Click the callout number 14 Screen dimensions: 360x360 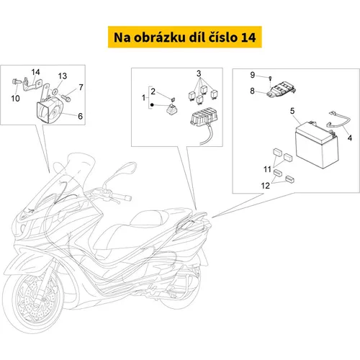click(35, 72)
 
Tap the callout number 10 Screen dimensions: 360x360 click(15, 98)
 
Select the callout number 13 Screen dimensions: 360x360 click(63, 76)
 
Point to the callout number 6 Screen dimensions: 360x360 click(81, 116)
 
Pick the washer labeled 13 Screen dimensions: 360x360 click(55, 91)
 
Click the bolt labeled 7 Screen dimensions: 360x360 click(66, 98)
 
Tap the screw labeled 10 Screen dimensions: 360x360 click(17, 81)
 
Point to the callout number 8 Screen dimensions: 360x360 click(252, 91)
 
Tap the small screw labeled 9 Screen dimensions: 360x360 click(271, 78)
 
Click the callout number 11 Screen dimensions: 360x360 click(267, 169)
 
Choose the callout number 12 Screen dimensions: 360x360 click(266, 186)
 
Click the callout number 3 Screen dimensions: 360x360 click(199, 73)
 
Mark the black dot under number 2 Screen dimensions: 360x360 click(152, 105)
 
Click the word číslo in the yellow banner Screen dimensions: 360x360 click(222, 37)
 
